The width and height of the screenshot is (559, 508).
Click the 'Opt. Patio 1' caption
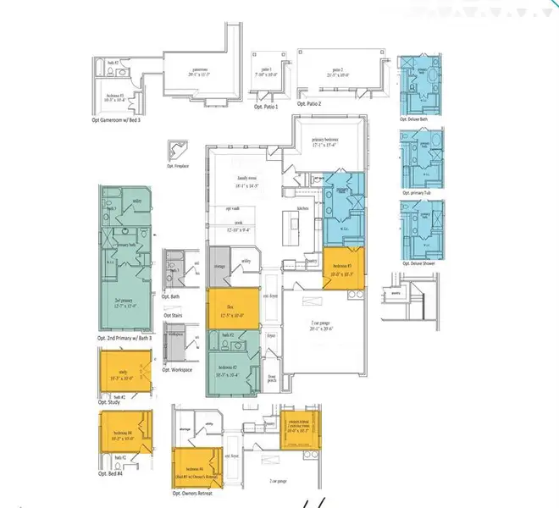[266, 107]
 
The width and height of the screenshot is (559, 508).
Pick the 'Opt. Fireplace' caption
[176, 166]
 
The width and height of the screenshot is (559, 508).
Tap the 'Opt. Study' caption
[111, 402]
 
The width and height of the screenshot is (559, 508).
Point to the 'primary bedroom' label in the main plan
[329, 141]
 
